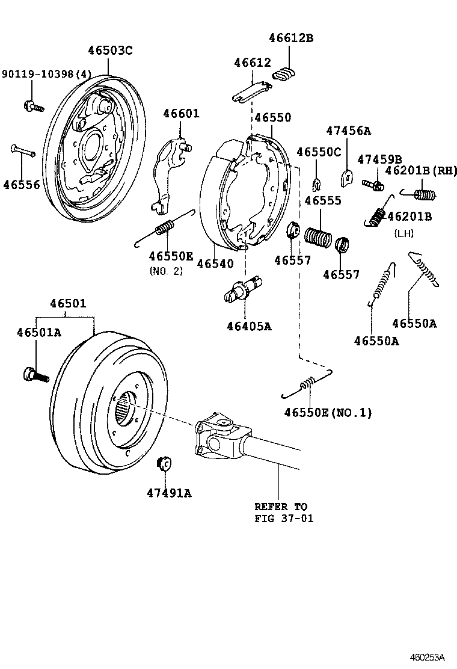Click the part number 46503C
[110, 51]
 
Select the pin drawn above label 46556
[23, 150]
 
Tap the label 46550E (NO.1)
[328, 413]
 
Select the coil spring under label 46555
[318, 235]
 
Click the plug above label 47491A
[164, 464]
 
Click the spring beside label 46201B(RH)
[422, 194]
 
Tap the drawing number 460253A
[429, 656]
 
